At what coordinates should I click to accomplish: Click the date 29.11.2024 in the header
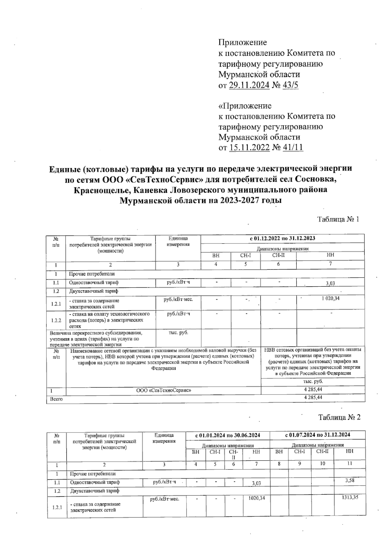tap(249, 85)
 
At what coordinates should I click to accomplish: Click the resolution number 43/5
tap(287, 85)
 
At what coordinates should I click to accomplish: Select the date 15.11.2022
tap(249, 148)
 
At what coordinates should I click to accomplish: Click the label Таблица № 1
tap(338, 220)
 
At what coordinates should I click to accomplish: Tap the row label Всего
tap(56, 399)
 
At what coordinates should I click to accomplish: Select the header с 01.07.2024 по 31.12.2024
tap(317, 435)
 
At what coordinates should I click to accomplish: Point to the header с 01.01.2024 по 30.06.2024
tap(228, 435)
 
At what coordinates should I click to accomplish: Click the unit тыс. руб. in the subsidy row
tap(178, 333)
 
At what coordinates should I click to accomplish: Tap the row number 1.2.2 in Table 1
tap(56, 320)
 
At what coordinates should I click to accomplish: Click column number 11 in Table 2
tap(349, 464)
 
